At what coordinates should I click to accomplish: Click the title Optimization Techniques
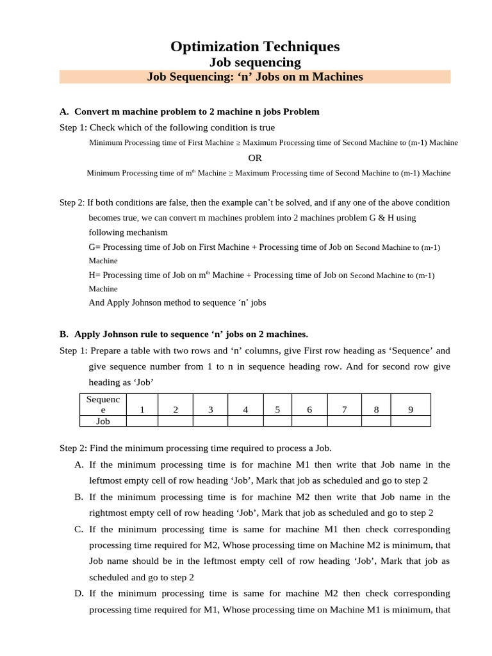(x=255, y=46)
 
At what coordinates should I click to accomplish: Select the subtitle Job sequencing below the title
(x=255, y=62)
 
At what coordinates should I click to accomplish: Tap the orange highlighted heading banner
(x=255, y=77)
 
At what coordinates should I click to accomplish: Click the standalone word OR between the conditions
(x=255, y=158)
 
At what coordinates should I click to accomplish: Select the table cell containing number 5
(x=277, y=410)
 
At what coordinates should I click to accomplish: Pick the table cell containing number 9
(x=410, y=410)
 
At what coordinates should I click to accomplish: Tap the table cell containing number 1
(x=142, y=410)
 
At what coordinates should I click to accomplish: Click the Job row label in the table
(x=102, y=422)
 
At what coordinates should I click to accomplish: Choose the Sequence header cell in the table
(x=102, y=405)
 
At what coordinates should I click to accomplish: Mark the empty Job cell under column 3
(x=210, y=422)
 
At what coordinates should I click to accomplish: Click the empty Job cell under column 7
(x=344, y=422)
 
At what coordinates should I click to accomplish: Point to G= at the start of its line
(x=94, y=247)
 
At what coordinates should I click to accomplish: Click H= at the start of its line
(x=94, y=275)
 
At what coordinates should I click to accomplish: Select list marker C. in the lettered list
(x=79, y=529)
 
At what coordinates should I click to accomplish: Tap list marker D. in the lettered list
(x=79, y=593)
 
